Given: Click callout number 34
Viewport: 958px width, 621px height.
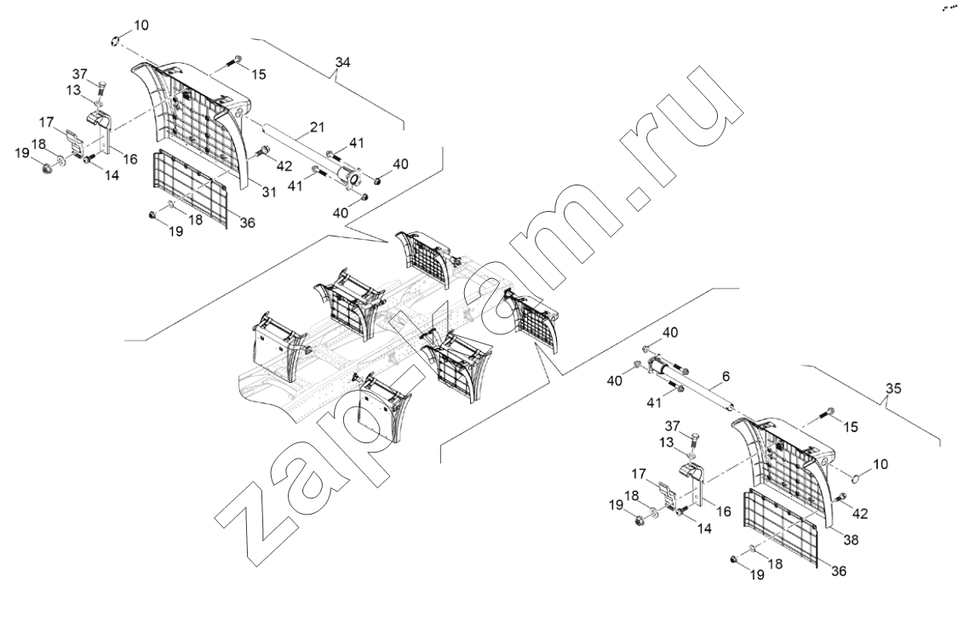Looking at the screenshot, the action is (x=343, y=62).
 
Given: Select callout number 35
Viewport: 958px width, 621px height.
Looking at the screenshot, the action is (x=893, y=389).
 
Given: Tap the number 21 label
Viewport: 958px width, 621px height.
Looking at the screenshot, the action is (x=317, y=127).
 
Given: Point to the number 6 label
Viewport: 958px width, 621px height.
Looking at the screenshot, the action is (x=726, y=377).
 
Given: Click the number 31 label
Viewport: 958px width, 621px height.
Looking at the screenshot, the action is (x=269, y=191).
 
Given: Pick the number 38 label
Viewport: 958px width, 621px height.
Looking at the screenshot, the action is (x=851, y=540).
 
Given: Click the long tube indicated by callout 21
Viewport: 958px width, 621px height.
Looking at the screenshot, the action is (x=301, y=151).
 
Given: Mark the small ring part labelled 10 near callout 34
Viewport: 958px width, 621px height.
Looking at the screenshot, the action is (x=114, y=41).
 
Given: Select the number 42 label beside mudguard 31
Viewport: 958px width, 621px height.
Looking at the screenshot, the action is (x=284, y=166).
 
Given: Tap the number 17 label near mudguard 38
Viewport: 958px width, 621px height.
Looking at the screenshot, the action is (x=639, y=474).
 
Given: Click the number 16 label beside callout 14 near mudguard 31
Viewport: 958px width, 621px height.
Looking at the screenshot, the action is (x=130, y=159).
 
